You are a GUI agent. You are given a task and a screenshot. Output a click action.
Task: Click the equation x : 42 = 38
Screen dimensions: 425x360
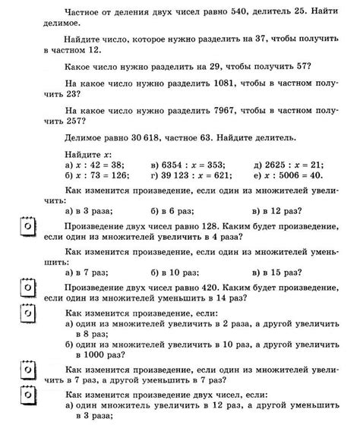coord(96,165)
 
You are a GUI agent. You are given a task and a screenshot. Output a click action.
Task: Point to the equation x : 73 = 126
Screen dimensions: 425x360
coord(99,175)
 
